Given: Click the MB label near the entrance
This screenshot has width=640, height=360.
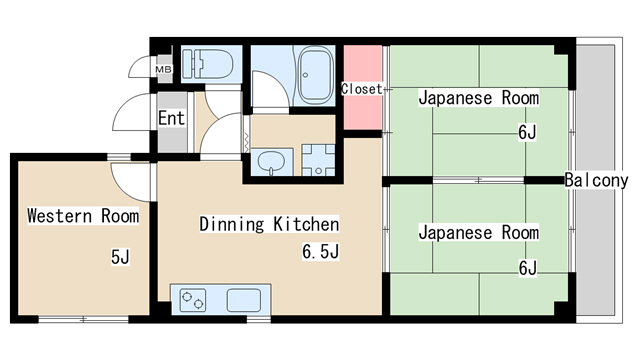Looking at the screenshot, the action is coord(163,69).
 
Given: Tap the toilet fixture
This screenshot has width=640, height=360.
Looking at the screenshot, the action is coord(207,64).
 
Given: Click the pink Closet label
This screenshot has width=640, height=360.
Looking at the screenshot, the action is coord(362,89).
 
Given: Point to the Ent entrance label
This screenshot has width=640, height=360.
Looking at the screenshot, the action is coord(171,118).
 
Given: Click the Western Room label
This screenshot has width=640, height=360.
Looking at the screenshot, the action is coord(83,216).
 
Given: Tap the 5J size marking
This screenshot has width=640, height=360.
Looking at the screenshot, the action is coord(120,257).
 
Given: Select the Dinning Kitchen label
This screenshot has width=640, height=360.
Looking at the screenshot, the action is coord(269,224).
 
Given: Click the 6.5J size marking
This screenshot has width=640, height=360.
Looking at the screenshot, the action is coord(320,251).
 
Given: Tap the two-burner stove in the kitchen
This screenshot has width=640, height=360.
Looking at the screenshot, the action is coord(193,300).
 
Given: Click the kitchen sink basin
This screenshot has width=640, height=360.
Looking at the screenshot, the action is coord(244,300).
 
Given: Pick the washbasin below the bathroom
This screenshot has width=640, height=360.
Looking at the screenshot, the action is coord(271,161).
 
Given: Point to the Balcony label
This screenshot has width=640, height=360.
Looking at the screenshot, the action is coord(596,180).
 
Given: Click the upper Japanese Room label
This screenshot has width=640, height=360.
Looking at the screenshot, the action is coord(479,98).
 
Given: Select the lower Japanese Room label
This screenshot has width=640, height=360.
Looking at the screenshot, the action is coord(479,233).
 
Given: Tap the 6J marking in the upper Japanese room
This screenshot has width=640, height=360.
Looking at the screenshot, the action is coord(527,132).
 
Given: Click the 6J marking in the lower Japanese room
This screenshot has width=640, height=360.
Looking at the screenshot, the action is coord(527,268).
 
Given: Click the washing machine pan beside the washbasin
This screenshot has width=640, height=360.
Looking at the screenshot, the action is coord(318,160).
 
